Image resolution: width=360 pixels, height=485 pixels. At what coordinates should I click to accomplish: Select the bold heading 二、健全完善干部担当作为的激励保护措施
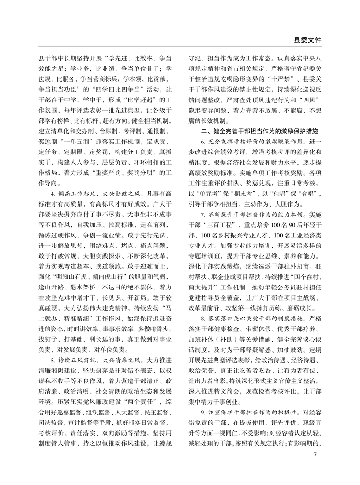click(x=259, y=131)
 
